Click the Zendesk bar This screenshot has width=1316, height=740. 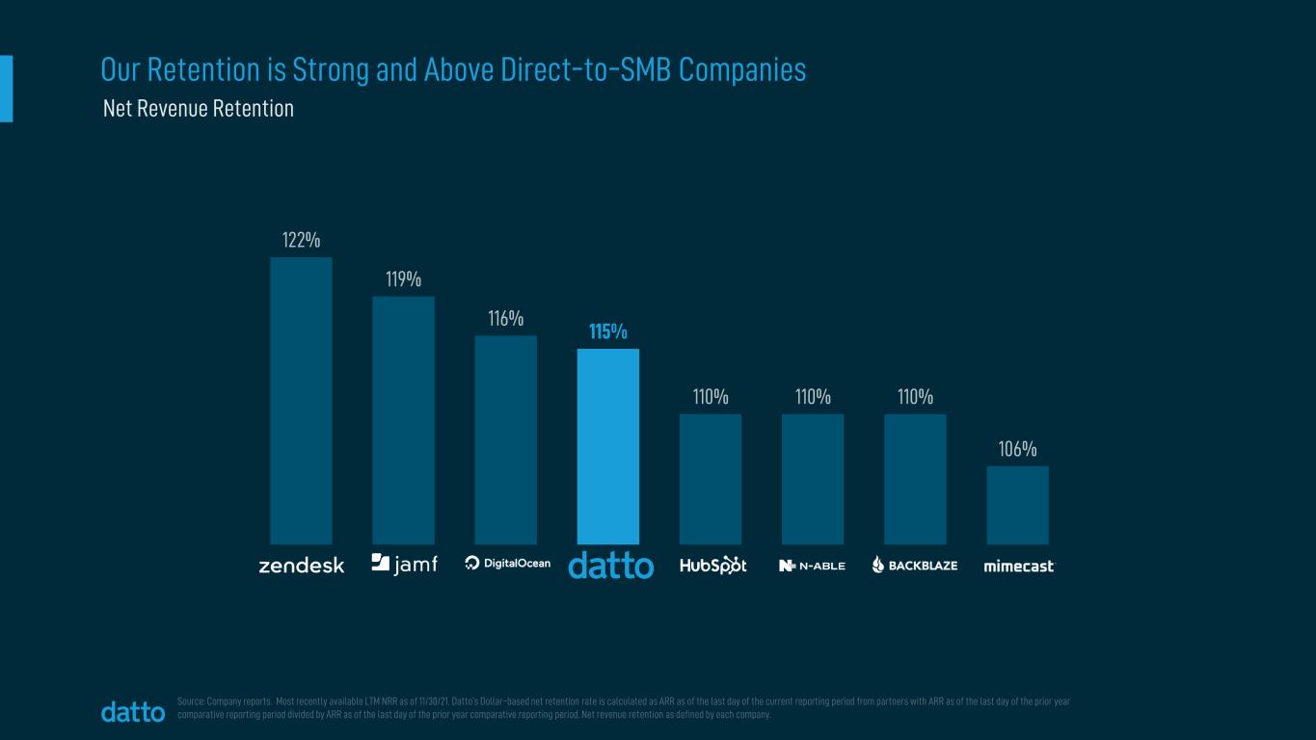(301, 400)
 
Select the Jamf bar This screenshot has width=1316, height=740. (403, 420)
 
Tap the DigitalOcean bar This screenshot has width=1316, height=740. (505, 439)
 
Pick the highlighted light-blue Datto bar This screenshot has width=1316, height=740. (607, 446)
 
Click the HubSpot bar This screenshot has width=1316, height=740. (710, 479)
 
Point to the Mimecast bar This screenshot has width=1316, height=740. (1017, 505)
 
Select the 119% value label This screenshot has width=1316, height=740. (403, 279)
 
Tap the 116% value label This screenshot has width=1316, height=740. (505, 318)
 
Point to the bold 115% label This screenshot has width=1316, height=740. (608, 331)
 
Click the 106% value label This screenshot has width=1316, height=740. (1017, 449)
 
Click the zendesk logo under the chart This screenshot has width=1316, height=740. (301, 566)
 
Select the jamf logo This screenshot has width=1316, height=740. (404, 564)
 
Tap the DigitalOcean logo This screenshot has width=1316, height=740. (507, 564)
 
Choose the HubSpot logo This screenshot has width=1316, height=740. (712, 565)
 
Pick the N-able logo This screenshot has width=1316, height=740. (812, 566)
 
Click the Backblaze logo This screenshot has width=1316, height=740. (914, 566)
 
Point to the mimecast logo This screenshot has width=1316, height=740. (1019, 566)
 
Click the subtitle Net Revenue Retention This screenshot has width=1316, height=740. (198, 109)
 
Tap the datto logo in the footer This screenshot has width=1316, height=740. (133, 712)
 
